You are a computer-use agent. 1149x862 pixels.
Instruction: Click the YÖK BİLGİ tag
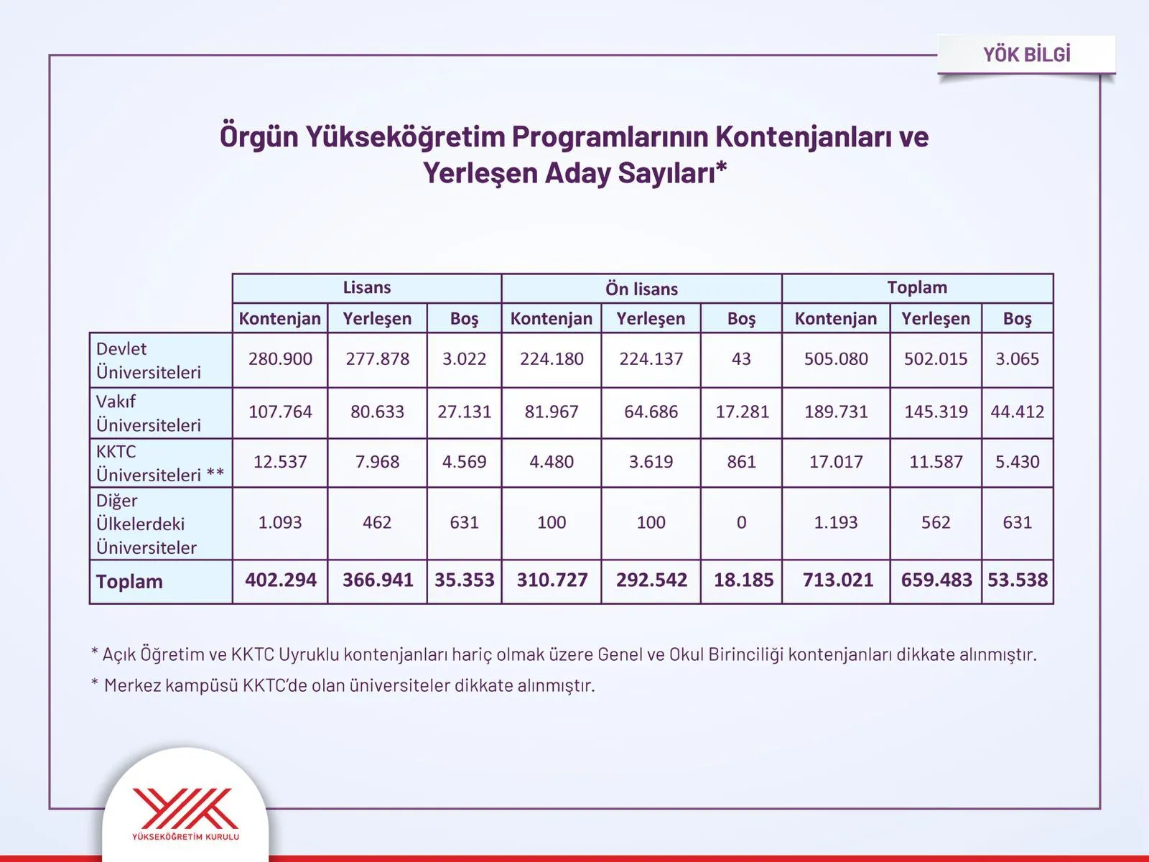1026,55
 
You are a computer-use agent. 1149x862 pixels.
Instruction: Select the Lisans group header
366,287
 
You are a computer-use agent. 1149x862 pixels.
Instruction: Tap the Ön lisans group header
641,289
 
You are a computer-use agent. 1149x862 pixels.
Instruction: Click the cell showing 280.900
280,358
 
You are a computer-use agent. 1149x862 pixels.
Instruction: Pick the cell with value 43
741,358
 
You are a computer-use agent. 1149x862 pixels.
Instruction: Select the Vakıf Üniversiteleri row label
149,413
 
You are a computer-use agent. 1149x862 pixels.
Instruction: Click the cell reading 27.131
464,412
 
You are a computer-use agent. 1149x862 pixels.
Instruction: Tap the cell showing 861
741,462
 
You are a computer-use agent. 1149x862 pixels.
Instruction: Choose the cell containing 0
741,522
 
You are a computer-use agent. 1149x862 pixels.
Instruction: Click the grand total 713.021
837,580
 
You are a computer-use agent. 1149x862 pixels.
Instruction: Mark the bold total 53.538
1017,580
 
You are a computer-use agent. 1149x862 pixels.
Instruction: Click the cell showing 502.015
935,358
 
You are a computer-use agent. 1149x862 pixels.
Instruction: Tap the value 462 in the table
377,522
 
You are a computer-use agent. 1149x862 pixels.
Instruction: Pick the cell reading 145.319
935,412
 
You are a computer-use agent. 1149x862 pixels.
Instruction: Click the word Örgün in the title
258,136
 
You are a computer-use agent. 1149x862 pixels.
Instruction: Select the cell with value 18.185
743,580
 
